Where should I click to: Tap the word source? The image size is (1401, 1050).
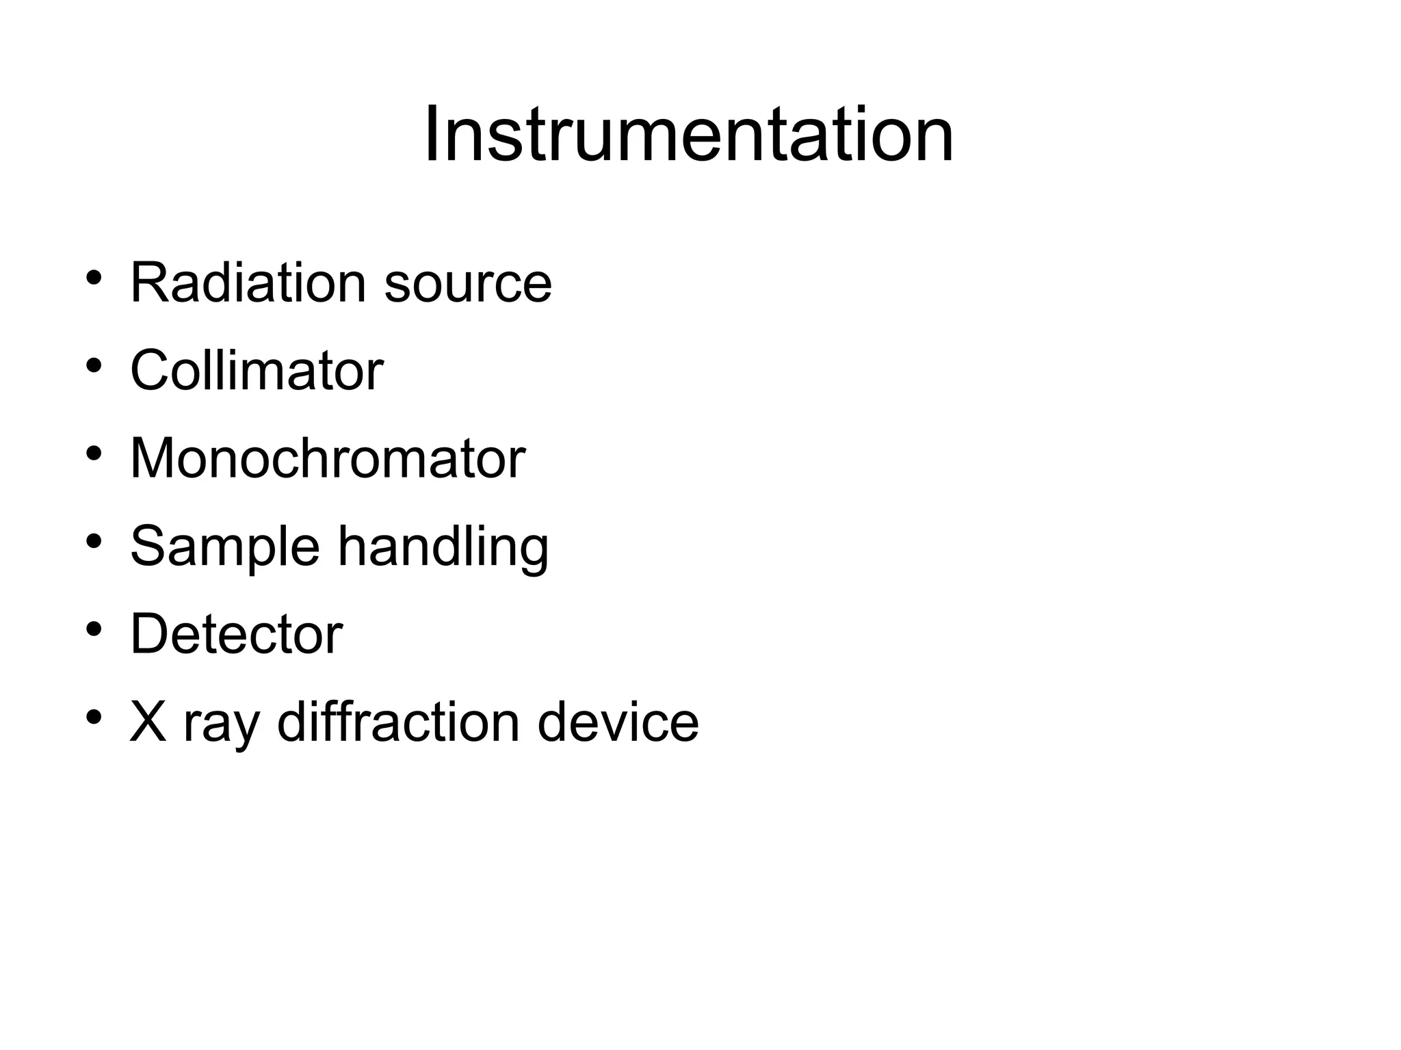467,283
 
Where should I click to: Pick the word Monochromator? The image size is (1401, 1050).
328,458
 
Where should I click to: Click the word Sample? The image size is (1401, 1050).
225,547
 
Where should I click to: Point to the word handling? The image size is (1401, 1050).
443,547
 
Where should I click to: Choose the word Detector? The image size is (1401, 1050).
236,634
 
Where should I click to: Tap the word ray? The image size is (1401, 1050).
221,725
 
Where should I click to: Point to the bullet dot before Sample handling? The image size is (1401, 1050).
94,541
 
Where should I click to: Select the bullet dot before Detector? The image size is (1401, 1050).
94,629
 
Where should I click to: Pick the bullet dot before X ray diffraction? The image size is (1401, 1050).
94,717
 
